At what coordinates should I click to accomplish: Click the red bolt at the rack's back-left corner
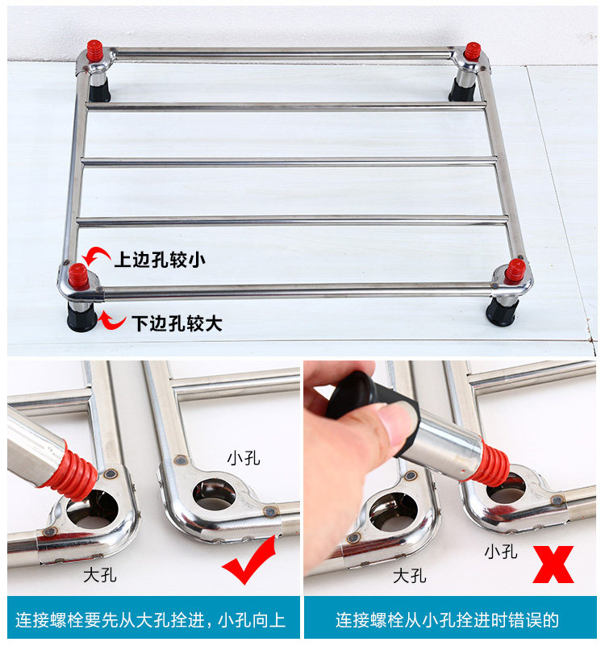click(94, 51)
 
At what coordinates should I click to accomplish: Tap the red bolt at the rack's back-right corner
click(472, 52)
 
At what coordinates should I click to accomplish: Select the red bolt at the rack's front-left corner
click(78, 277)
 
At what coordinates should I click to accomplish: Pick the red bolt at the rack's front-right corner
click(515, 272)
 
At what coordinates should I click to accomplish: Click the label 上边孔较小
click(160, 260)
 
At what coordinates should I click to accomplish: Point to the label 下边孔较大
click(177, 323)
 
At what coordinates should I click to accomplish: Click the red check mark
click(249, 561)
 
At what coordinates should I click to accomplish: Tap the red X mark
click(553, 565)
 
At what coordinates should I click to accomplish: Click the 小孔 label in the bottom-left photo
click(244, 458)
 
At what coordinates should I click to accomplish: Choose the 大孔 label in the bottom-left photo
click(100, 575)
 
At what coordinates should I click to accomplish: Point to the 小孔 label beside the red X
click(501, 552)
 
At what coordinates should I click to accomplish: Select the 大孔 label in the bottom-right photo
click(409, 576)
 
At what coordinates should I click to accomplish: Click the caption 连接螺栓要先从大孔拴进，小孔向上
click(151, 620)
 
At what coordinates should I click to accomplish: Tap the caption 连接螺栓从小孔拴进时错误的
click(447, 620)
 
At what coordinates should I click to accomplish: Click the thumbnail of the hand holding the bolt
click(450, 478)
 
